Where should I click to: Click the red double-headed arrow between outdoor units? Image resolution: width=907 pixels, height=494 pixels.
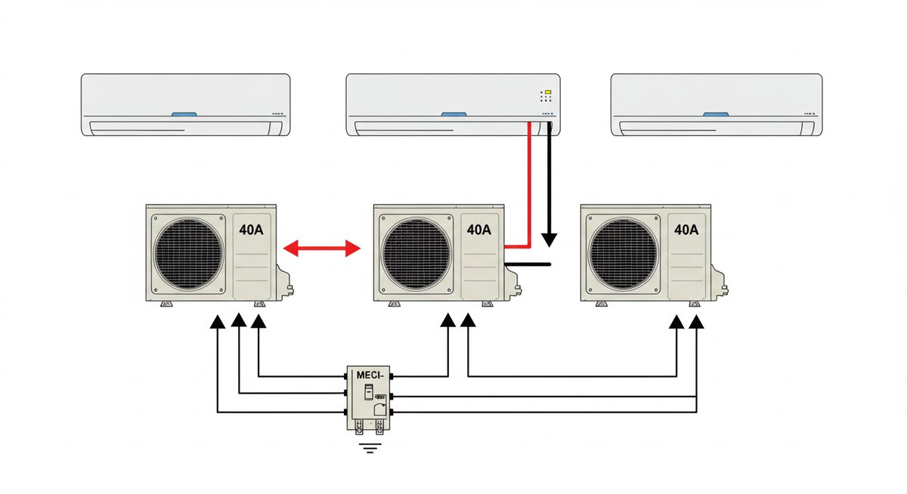pos(321,247)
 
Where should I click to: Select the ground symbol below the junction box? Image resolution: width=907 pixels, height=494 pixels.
pos(370,449)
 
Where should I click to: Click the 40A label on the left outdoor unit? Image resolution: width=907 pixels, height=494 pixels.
pos(252,230)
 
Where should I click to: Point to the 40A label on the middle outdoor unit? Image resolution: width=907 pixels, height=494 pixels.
pos(479,230)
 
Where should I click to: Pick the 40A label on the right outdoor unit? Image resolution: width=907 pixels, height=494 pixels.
pos(686,230)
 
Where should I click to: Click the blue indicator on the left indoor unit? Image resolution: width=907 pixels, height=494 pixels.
pos(184,115)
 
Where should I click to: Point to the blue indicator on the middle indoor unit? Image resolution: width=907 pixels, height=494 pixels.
pos(453,115)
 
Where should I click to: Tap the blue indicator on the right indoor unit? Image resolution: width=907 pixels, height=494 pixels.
pos(716,115)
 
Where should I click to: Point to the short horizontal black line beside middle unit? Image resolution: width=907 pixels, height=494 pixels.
pos(528,264)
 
